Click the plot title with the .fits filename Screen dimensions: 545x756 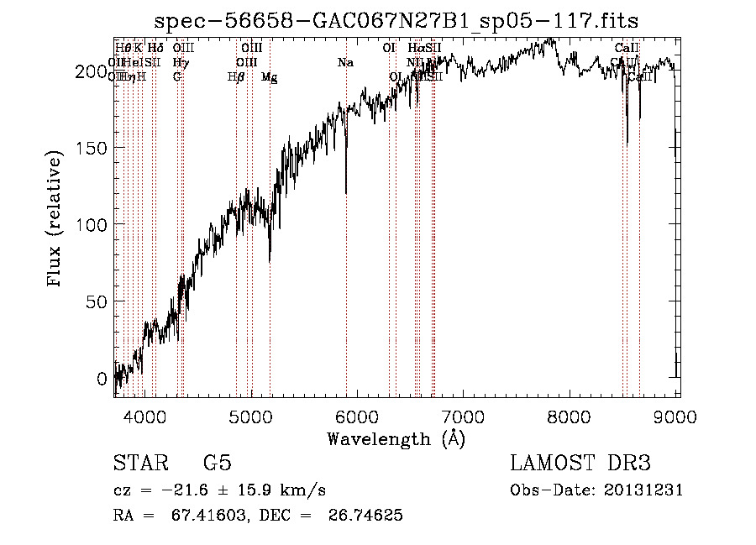pyautogui.click(x=403, y=20)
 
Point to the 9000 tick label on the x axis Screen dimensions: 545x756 pyautogui.click(x=677, y=416)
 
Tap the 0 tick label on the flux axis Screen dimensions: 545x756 pyautogui.click(x=102, y=378)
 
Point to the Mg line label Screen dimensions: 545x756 pyautogui.click(x=269, y=77)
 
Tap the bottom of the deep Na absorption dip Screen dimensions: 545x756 pyautogui.click(x=346, y=192)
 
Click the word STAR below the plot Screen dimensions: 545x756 pyautogui.click(x=139, y=463)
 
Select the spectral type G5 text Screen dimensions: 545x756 pyautogui.click(x=217, y=463)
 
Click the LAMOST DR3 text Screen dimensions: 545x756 pyautogui.click(x=580, y=463)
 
